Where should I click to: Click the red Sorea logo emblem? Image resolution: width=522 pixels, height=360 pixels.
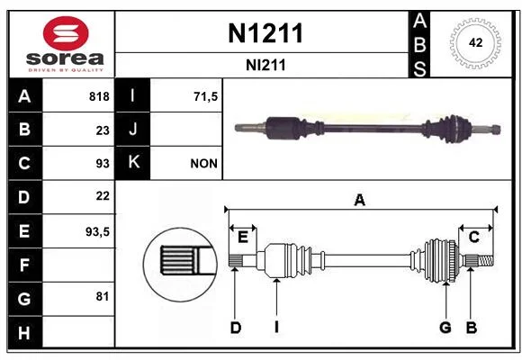click(x=66, y=33)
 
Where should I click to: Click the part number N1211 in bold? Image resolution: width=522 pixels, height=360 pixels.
click(x=265, y=33)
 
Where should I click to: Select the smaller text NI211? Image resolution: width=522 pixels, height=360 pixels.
click(x=265, y=66)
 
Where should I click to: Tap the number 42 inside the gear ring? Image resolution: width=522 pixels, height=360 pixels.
click(x=475, y=42)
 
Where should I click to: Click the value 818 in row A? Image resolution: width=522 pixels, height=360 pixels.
click(x=99, y=96)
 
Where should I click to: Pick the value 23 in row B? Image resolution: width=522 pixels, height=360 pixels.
click(x=103, y=130)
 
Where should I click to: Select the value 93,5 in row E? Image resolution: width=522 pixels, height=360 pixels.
click(x=97, y=231)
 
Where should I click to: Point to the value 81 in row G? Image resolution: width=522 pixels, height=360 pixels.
click(x=103, y=296)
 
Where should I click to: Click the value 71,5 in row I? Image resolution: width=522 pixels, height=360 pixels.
click(x=205, y=96)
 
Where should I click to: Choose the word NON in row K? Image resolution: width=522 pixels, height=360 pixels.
click(x=203, y=164)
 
